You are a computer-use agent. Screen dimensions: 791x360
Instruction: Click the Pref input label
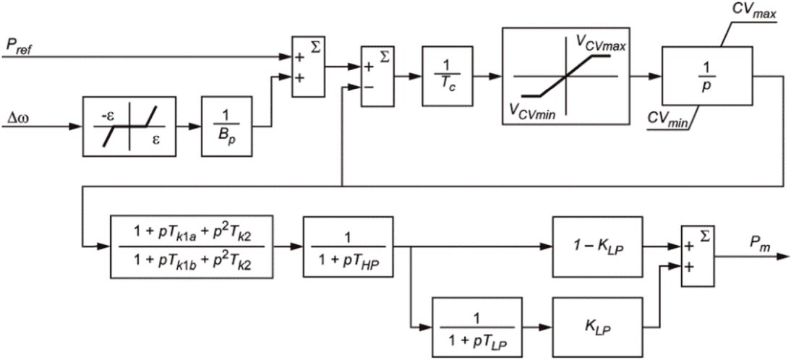pyautogui.click(x=18, y=46)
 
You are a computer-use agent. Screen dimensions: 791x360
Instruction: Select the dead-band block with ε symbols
pyautogui.click(x=129, y=126)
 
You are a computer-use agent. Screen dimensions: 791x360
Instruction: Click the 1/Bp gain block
pyautogui.click(x=226, y=126)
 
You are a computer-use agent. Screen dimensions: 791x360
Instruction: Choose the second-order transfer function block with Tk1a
pyautogui.click(x=191, y=247)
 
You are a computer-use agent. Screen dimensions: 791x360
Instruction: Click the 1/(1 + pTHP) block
pyautogui.click(x=348, y=247)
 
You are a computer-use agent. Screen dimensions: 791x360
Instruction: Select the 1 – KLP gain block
pyautogui.click(x=598, y=247)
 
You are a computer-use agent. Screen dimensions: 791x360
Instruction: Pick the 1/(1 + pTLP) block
pyautogui.click(x=477, y=327)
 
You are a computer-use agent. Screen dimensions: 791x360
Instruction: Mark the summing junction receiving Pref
pyautogui.click(x=309, y=67)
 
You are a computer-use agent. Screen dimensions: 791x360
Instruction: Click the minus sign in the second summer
pyautogui.click(x=369, y=87)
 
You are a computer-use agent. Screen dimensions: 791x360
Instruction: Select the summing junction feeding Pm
pyautogui.click(x=698, y=257)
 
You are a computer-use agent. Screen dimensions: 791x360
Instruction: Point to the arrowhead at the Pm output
pyautogui.click(x=784, y=257)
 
